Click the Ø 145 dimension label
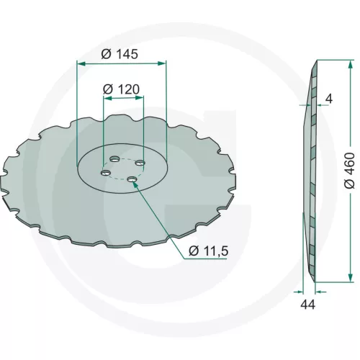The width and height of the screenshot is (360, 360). point(120,54)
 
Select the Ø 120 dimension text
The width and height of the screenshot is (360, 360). point(121,89)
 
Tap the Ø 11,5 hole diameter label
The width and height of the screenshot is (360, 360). point(208,251)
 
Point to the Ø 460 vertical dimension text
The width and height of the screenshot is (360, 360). point(349,170)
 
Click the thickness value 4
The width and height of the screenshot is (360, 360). point(329,99)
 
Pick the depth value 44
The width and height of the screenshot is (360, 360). point(308,305)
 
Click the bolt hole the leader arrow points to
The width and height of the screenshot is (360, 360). point(132,179)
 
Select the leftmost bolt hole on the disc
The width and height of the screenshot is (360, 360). point(106,173)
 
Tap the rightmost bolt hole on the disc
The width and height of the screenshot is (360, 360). point(140,163)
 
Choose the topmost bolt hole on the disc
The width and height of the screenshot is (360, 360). point(114,158)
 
